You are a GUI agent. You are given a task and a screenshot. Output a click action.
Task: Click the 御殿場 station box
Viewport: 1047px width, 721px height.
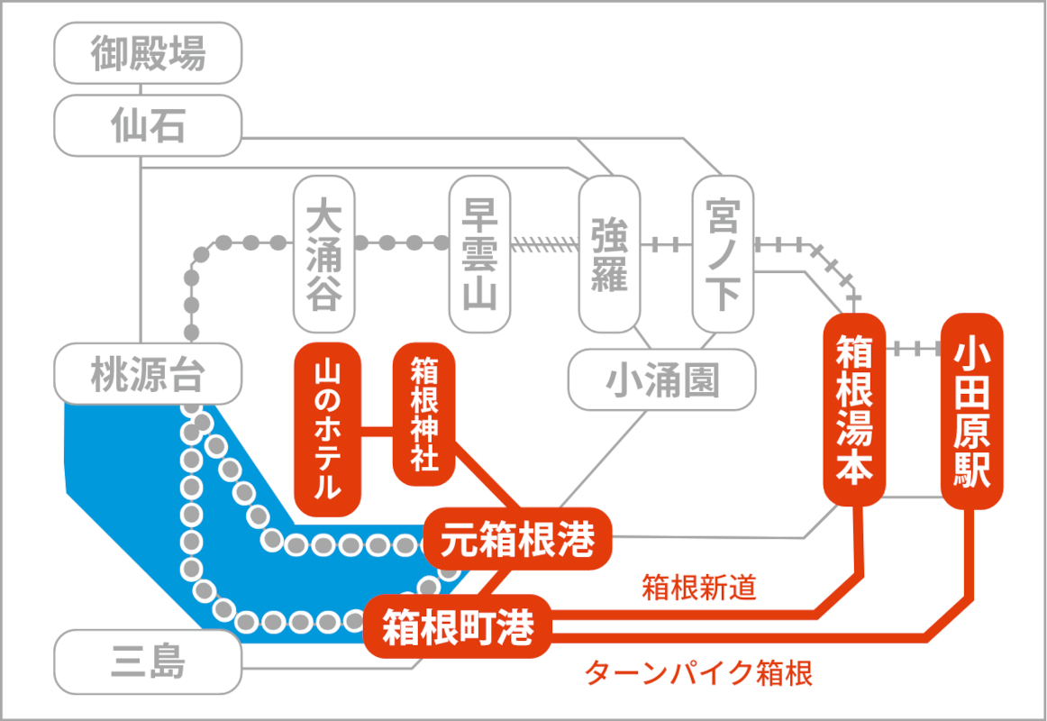(148, 54)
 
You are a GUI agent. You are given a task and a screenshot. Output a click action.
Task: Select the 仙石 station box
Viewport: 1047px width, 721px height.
(148, 126)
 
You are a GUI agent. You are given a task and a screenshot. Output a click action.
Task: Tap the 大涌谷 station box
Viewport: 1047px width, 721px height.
(324, 255)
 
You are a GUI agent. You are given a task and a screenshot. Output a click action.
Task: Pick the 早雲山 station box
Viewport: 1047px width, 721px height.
(479, 255)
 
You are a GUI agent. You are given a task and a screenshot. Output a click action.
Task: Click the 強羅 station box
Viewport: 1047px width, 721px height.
(609, 253)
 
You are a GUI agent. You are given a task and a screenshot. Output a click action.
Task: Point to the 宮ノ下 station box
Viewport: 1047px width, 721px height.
(723, 253)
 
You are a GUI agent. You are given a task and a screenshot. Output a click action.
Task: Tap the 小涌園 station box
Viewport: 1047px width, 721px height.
(661, 380)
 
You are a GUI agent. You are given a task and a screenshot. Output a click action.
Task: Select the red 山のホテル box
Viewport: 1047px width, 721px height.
(328, 430)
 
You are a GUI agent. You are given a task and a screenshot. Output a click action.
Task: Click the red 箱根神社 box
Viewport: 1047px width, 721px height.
(423, 414)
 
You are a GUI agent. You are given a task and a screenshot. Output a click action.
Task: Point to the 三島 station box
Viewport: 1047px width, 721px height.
(148, 664)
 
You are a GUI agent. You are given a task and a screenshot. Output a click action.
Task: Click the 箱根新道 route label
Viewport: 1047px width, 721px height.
(698, 589)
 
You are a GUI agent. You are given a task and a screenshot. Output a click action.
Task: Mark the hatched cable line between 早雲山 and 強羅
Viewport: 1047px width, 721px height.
(544, 243)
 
